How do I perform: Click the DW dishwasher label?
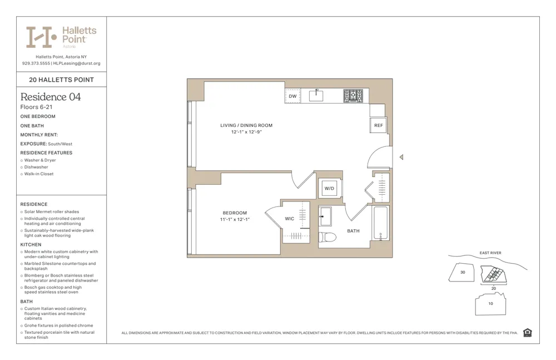(292, 96)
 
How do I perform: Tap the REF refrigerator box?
(378, 126)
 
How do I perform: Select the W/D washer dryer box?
(330, 189)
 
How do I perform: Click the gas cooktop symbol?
(353, 96)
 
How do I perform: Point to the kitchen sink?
(316, 95)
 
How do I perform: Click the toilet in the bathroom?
(327, 238)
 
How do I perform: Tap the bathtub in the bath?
(381, 224)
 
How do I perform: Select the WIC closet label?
(290, 219)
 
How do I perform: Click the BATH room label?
(353, 231)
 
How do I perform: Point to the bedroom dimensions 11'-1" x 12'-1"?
(235, 220)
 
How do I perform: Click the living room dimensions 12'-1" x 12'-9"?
(246, 132)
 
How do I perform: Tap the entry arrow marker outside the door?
(401, 157)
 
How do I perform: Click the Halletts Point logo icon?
(42, 37)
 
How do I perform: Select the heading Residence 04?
(51, 97)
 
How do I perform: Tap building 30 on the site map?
(462, 273)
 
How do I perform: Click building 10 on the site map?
(490, 304)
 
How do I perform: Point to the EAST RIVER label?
(490, 253)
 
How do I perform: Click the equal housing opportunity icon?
(527, 333)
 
